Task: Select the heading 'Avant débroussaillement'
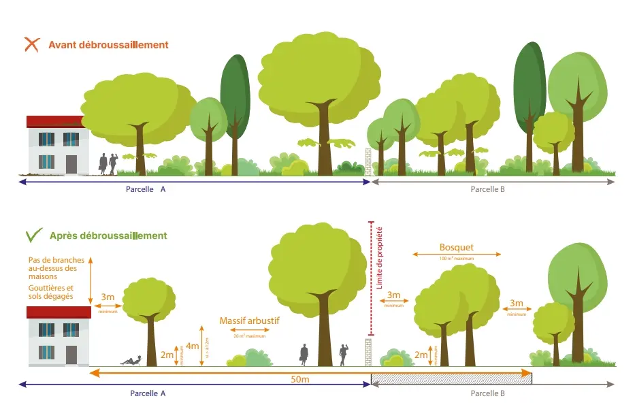[x=108, y=45]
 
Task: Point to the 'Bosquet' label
[x=456, y=248]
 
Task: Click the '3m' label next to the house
[x=107, y=297]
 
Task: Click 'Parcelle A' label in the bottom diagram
[x=148, y=393]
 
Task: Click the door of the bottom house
[x=71, y=355]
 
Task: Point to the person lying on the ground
[x=131, y=361]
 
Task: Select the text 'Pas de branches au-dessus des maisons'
[x=52, y=268]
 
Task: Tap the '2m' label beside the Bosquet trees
[x=421, y=355]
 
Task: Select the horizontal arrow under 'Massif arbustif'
[x=245, y=330]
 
